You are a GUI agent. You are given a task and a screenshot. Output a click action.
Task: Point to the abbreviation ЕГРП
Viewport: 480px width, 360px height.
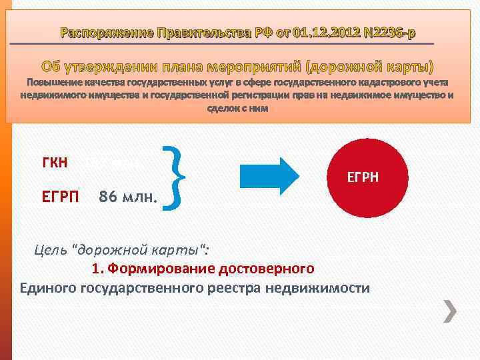point(60,197)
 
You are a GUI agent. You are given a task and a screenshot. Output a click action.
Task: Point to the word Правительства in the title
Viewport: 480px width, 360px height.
point(201,33)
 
